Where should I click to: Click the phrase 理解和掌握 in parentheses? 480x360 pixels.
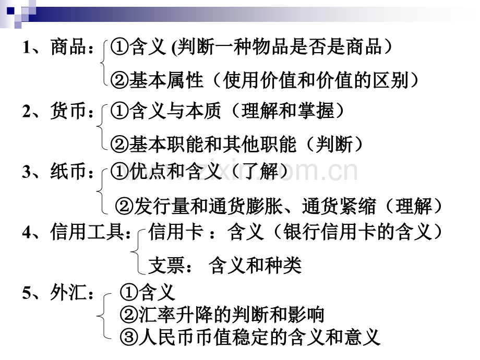coord(288,111)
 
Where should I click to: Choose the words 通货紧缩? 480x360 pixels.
coord(339,206)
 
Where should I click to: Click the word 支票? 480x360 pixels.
coord(166,265)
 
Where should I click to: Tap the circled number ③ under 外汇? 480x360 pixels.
coord(129,337)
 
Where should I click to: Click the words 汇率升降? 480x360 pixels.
coord(176,315)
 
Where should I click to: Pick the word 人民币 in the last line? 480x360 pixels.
coord(167,337)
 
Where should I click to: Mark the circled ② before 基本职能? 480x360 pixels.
coord(119,144)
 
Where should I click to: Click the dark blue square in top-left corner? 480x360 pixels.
coord(11,11)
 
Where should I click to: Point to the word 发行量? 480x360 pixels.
coord(162,206)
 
